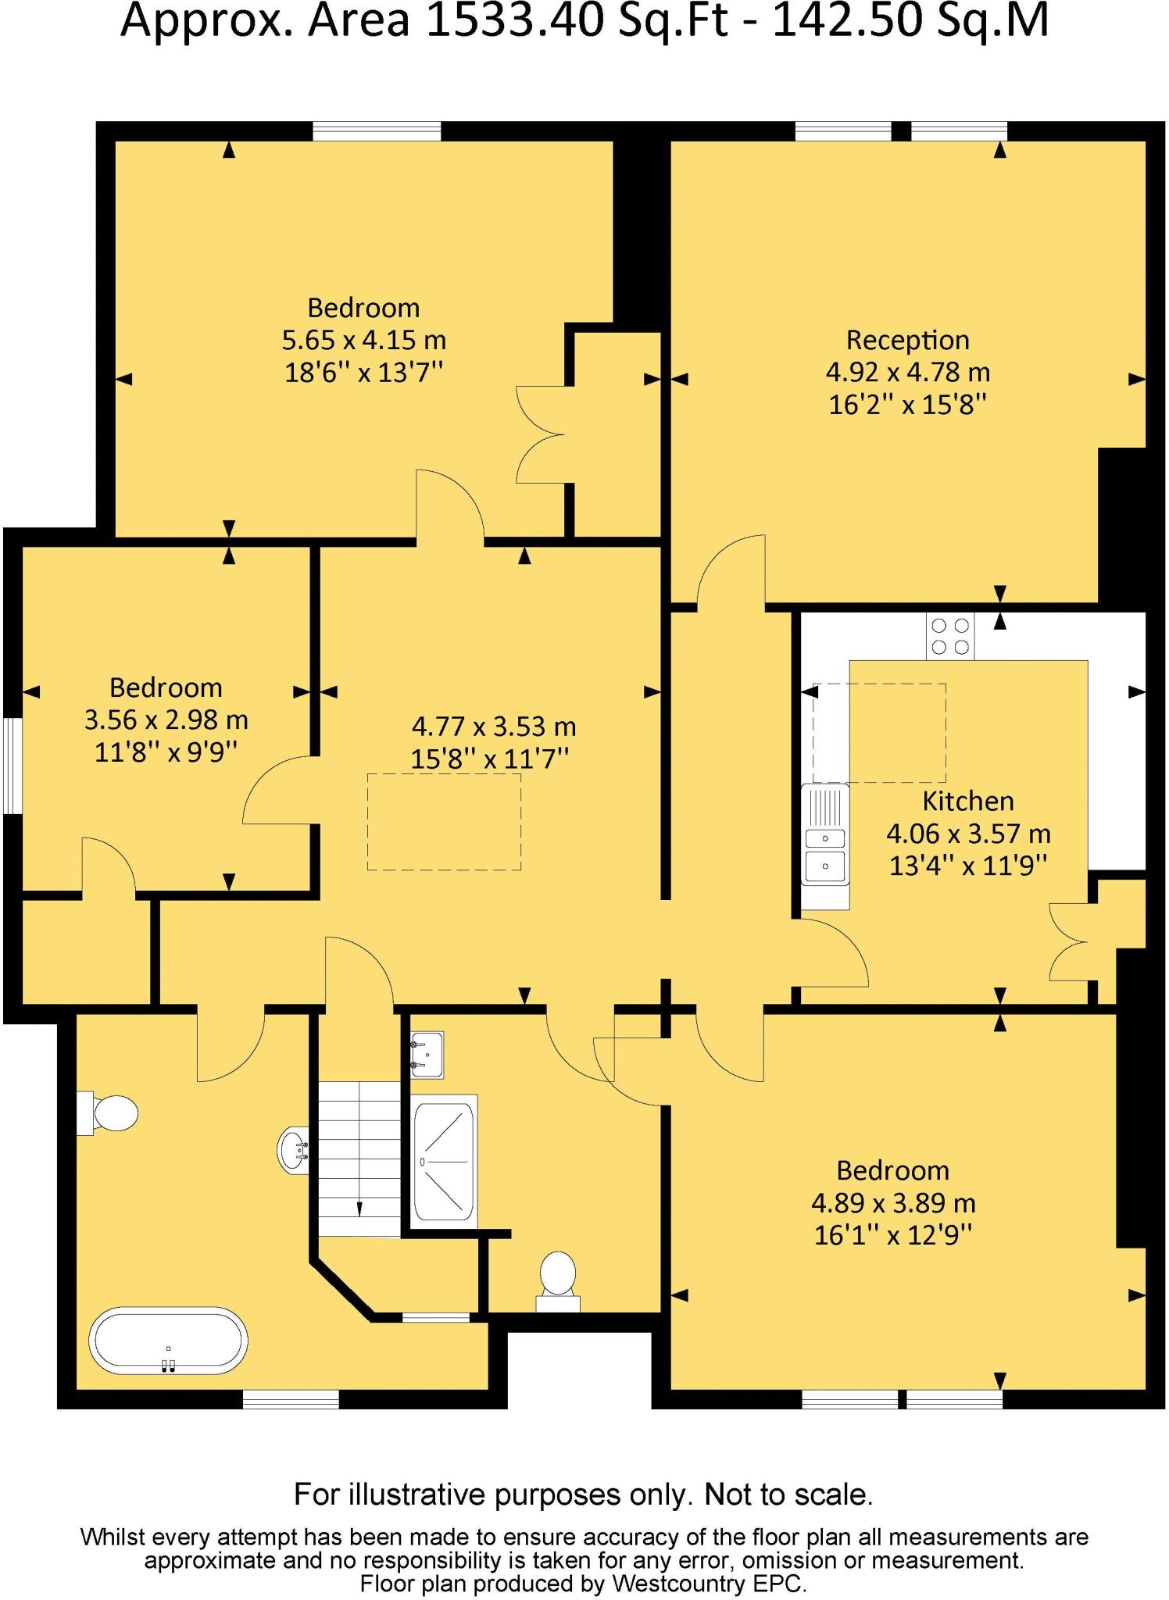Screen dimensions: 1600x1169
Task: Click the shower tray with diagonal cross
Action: [x=443, y=1162]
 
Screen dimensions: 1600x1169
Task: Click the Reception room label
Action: [x=907, y=340]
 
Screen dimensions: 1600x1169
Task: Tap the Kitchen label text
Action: [x=967, y=801]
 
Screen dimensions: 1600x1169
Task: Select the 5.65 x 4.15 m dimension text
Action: [x=363, y=340]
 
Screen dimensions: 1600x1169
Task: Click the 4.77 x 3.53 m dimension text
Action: [x=493, y=727]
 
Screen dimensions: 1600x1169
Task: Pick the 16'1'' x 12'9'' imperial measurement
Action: [x=892, y=1235]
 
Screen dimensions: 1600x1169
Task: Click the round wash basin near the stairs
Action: [x=294, y=1150]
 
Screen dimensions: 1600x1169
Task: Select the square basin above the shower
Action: [x=427, y=1055]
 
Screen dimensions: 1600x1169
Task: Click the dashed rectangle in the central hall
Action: [x=444, y=821]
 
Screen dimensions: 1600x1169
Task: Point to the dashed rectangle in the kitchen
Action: [x=879, y=732]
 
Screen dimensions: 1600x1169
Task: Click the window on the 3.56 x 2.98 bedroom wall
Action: [x=11, y=766]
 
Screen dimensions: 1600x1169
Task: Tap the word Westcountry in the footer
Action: [x=677, y=1584]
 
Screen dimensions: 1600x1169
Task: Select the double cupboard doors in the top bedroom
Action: [x=540, y=434]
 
